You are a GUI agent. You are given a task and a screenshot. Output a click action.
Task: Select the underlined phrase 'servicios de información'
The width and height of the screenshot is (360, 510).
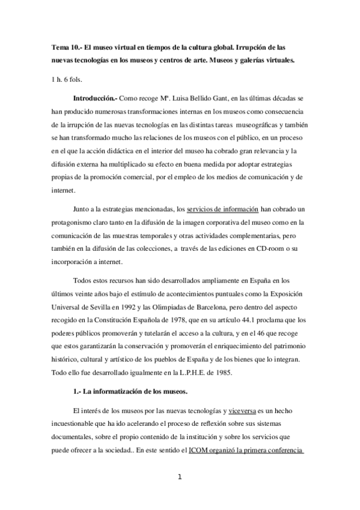222,209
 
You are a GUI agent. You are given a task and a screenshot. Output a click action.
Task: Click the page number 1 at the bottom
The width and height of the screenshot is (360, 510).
179,477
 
